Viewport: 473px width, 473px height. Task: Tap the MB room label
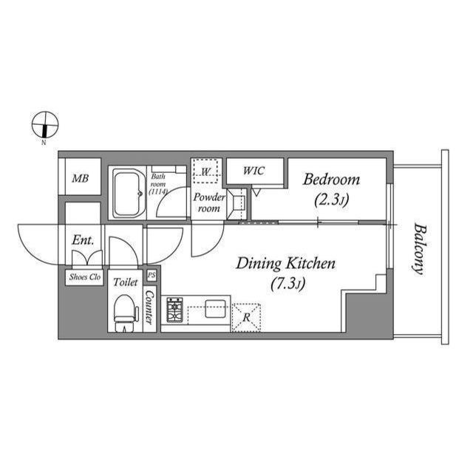point(80,177)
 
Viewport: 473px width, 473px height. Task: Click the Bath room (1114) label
point(158,184)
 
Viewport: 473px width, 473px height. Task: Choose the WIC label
point(254,171)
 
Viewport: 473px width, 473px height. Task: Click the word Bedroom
point(332,180)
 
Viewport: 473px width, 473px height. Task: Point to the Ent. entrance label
point(81,240)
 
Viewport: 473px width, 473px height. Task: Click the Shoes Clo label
point(84,277)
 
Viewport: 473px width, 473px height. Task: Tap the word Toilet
point(125,282)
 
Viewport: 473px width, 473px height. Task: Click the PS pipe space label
point(152,275)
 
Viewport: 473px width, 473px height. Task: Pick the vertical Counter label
point(149,306)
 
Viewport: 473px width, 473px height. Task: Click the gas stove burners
point(175,310)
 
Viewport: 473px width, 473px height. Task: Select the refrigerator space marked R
point(246,316)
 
